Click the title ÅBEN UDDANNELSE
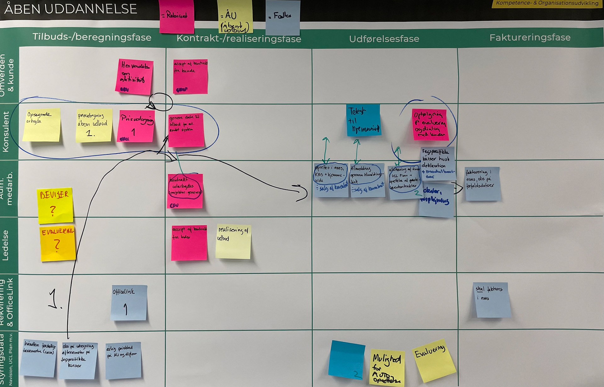coord(70,9)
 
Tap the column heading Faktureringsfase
coord(530,37)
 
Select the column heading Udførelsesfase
coord(384,39)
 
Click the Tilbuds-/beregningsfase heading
coord(92,37)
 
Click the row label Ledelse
coord(6,245)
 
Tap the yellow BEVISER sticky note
coord(55,205)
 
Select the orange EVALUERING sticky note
coord(58,243)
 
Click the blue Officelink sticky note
coord(129,302)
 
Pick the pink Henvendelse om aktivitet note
coord(134,77)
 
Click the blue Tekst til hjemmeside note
coord(363,120)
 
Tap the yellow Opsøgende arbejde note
coord(42,125)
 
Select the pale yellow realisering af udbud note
coord(233,241)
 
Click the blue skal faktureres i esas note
coord(492,300)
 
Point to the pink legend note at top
coord(176,16)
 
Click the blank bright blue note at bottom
coord(346,359)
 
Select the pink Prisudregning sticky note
coord(136,126)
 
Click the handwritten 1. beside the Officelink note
coord(55,299)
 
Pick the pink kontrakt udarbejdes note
coord(185,191)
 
